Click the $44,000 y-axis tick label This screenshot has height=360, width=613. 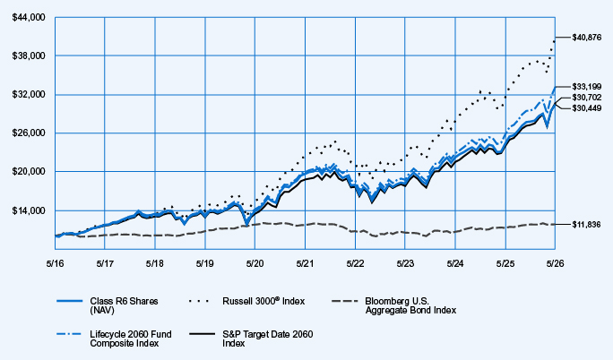pyautogui.click(x=29, y=18)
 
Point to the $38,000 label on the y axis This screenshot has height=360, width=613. pyautogui.click(x=29, y=56)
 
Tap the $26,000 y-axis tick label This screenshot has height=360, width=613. pyautogui.click(x=29, y=133)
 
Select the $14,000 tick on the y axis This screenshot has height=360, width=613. pyautogui.click(x=29, y=210)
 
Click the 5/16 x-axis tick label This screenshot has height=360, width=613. pyautogui.click(x=56, y=263)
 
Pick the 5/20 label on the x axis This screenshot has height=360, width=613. pyautogui.click(x=255, y=263)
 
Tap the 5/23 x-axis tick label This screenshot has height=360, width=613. pyautogui.click(x=405, y=263)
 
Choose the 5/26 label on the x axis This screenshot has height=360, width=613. pyautogui.click(x=555, y=263)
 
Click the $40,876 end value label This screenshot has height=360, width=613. pyautogui.click(x=586, y=38)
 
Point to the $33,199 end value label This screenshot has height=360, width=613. pyautogui.click(x=586, y=86)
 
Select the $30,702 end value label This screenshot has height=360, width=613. pyautogui.click(x=586, y=98)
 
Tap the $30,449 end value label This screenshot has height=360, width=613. pyautogui.click(x=586, y=108)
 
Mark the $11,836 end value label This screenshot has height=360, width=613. pyautogui.click(x=586, y=225)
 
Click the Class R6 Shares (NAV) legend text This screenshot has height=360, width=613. pyautogui.click(x=124, y=305)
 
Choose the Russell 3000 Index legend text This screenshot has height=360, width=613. pyautogui.click(x=263, y=301)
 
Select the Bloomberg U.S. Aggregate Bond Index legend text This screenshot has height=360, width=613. pyautogui.click(x=410, y=305)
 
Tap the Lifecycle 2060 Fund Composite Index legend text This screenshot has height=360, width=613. pyautogui.click(x=131, y=339)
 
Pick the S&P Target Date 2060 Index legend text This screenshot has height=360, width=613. pyautogui.click(x=268, y=339)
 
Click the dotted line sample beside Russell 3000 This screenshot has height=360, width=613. pyautogui.click(x=199, y=301)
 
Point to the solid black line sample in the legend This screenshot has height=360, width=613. pyautogui.click(x=203, y=334)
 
